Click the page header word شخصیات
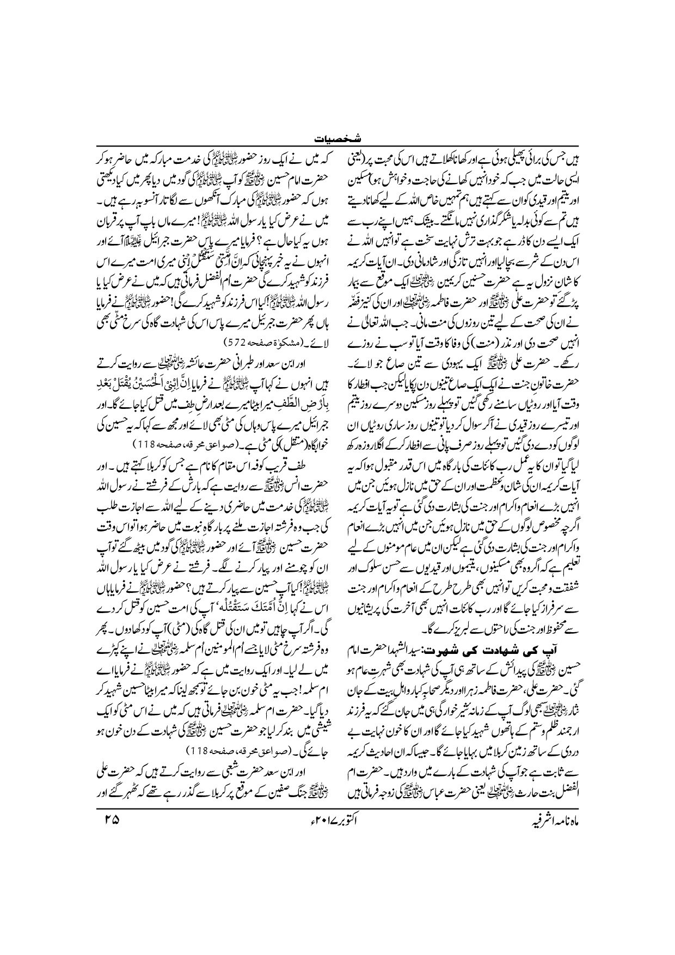[337, 139]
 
